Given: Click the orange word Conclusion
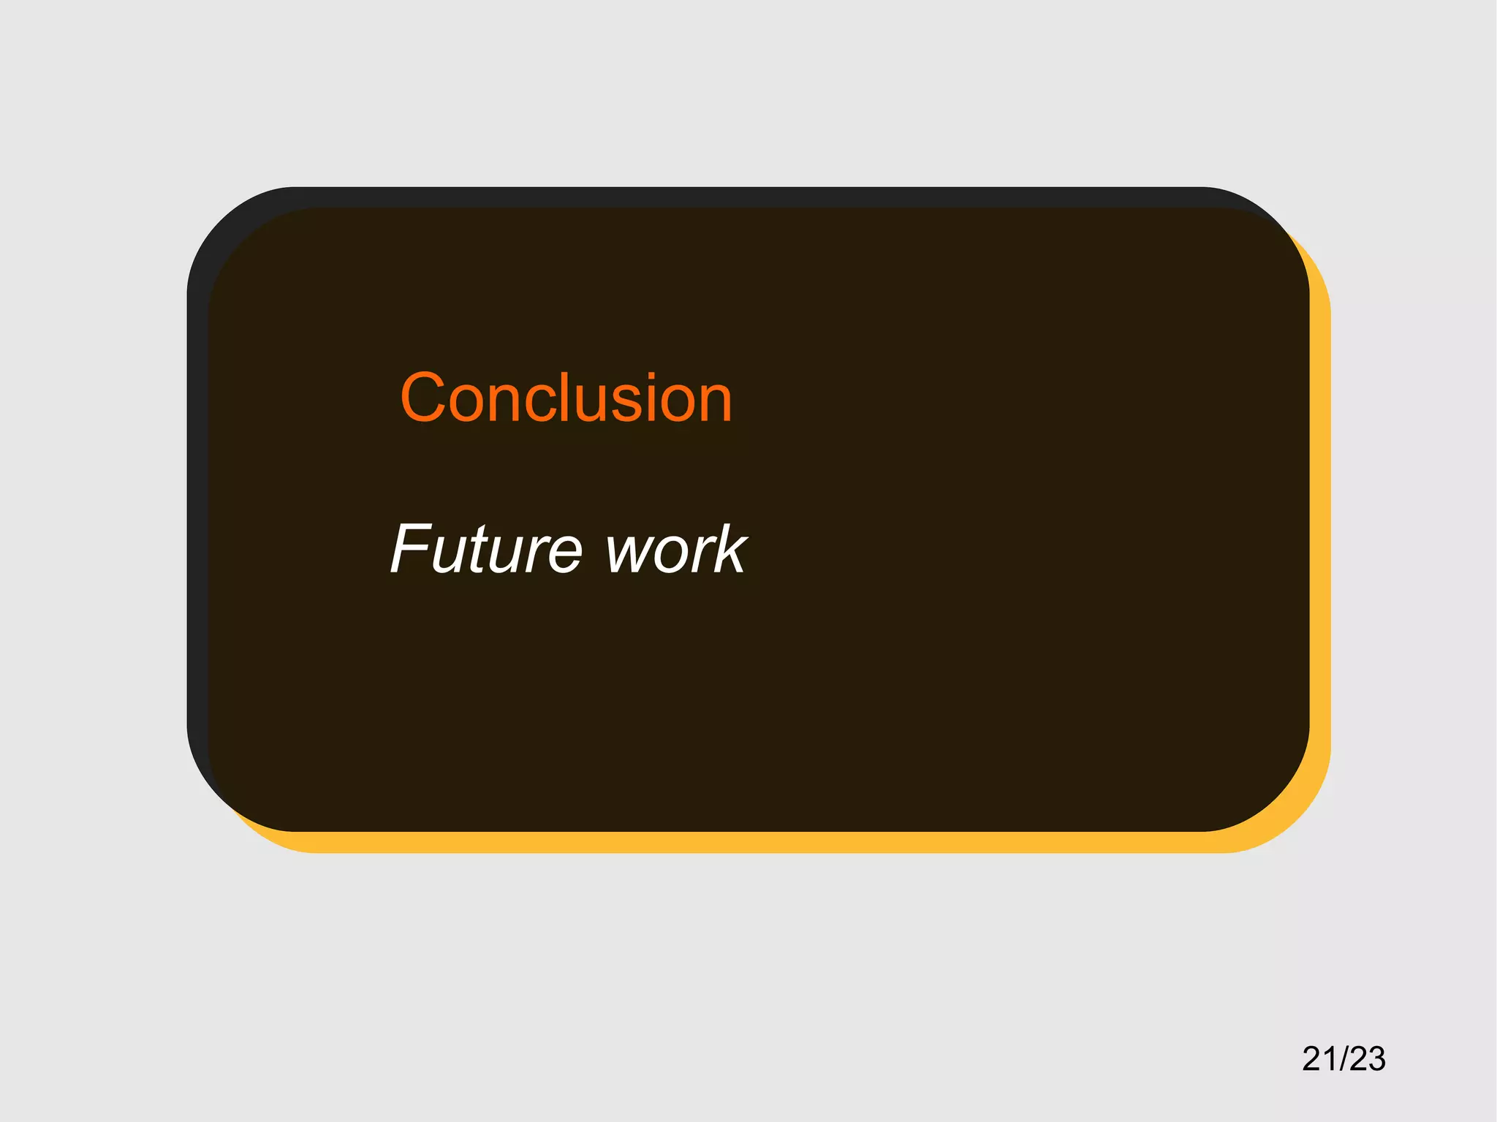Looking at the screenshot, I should click(566, 398).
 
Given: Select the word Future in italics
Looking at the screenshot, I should click(486, 549).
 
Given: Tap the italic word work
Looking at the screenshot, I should click(675, 549).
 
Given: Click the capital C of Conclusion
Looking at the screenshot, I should click(422, 398).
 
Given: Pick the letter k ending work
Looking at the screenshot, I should click(730, 549).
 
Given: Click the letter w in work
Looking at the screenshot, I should click(629, 553).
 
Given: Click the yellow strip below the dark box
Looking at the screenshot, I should click(731, 842).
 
